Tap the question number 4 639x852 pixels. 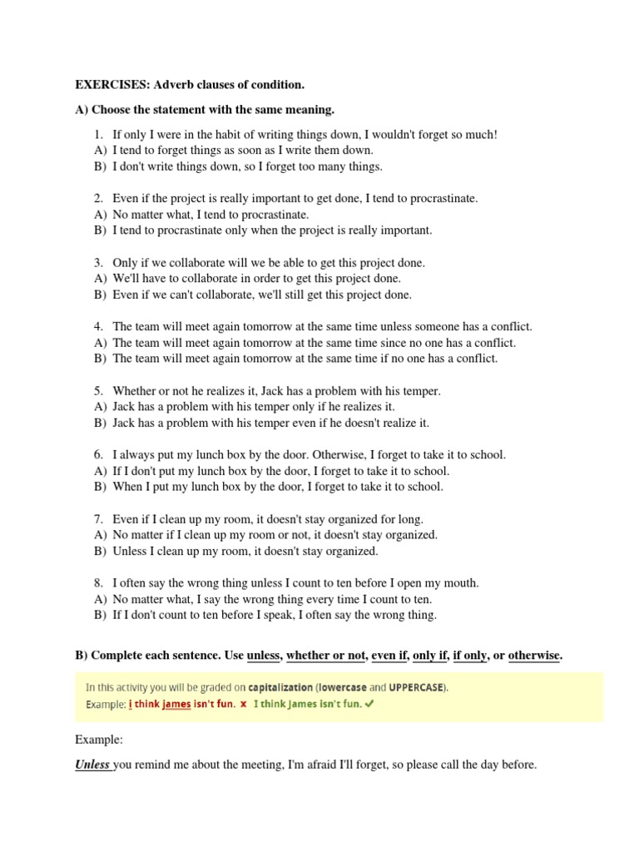tap(97, 326)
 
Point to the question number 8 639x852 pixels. tap(97, 582)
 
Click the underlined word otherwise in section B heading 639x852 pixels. tap(534, 656)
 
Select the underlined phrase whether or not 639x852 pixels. tap(325, 656)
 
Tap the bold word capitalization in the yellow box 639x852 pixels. tap(280, 687)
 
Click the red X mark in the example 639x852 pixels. tap(243, 704)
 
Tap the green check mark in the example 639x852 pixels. tap(369, 704)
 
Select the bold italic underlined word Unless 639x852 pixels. tap(92, 765)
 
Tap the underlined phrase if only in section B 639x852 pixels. tap(469, 656)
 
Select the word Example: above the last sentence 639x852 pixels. tap(99, 739)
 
